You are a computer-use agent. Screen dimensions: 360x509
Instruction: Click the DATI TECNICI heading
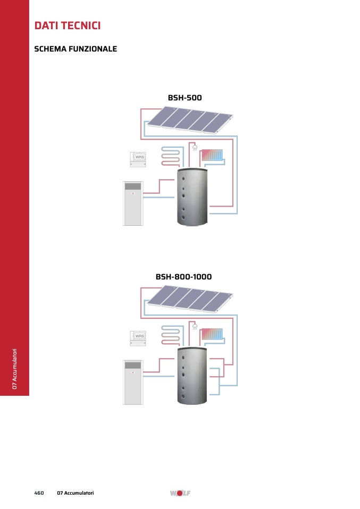coord(68,26)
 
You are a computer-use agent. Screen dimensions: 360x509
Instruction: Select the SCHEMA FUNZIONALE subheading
coord(76,49)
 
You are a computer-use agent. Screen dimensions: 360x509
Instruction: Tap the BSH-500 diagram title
coord(185,98)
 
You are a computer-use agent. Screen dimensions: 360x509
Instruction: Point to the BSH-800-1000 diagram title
coord(183,277)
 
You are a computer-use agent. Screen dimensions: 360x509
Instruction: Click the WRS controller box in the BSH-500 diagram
coord(138,159)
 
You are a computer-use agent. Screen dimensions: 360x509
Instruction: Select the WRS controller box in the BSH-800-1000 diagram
coord(138,338)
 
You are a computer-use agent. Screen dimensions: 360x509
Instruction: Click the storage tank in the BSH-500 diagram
coord(192,197)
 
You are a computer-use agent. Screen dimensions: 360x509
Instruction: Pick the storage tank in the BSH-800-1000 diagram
coord(192,376)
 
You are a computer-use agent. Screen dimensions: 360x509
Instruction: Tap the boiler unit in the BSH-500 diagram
coord(133,203)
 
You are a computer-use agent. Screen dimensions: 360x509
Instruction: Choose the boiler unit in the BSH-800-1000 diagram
coord(133,383)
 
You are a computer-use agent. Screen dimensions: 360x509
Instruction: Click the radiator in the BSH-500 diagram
coord(212,156)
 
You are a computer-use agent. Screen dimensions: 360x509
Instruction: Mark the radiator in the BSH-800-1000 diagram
coord(212,334)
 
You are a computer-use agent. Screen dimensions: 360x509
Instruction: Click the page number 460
coord(39,493)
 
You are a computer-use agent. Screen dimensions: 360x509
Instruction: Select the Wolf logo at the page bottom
coord(180,493)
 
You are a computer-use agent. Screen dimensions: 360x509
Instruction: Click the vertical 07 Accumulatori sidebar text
coord(14,369)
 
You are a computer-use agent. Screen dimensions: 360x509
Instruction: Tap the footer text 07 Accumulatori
coord(76,493)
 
